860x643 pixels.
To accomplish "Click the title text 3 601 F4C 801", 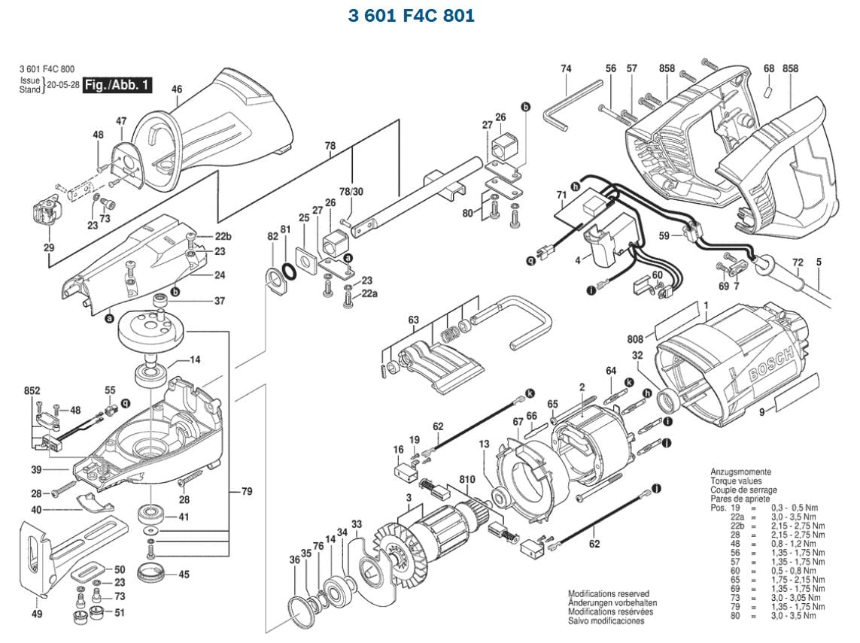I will (412, 16).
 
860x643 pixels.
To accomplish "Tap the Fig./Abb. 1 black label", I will (117, 85).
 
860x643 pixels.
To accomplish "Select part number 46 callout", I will (177, 89).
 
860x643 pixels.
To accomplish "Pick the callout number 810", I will (467, 479).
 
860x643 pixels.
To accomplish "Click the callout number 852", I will (32, 391).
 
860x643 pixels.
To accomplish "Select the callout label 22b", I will (222, 237).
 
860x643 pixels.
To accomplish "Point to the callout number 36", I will (294, 560).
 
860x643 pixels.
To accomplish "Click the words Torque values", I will (736, 481).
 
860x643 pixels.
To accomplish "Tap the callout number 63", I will (413, 321).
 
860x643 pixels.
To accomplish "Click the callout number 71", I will (561, 196).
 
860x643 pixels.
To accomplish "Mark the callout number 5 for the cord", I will (819, 262).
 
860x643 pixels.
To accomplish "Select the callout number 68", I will (768, 68).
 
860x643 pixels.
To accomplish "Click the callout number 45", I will (184, 575).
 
